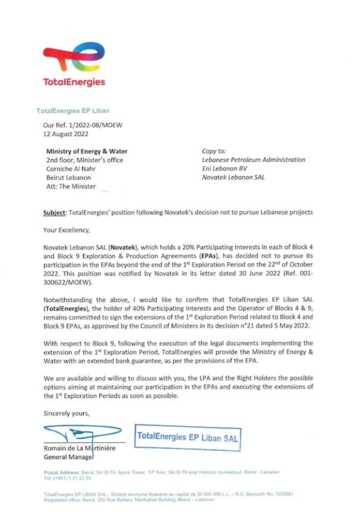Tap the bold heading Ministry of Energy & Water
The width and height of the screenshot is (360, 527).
coord(87,150)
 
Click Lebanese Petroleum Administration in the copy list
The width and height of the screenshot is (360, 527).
coord(253,160)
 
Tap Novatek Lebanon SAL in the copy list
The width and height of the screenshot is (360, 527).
coord(233,178)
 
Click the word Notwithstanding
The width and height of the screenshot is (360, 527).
coord(70,299)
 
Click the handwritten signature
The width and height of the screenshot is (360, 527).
coord(81,432)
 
